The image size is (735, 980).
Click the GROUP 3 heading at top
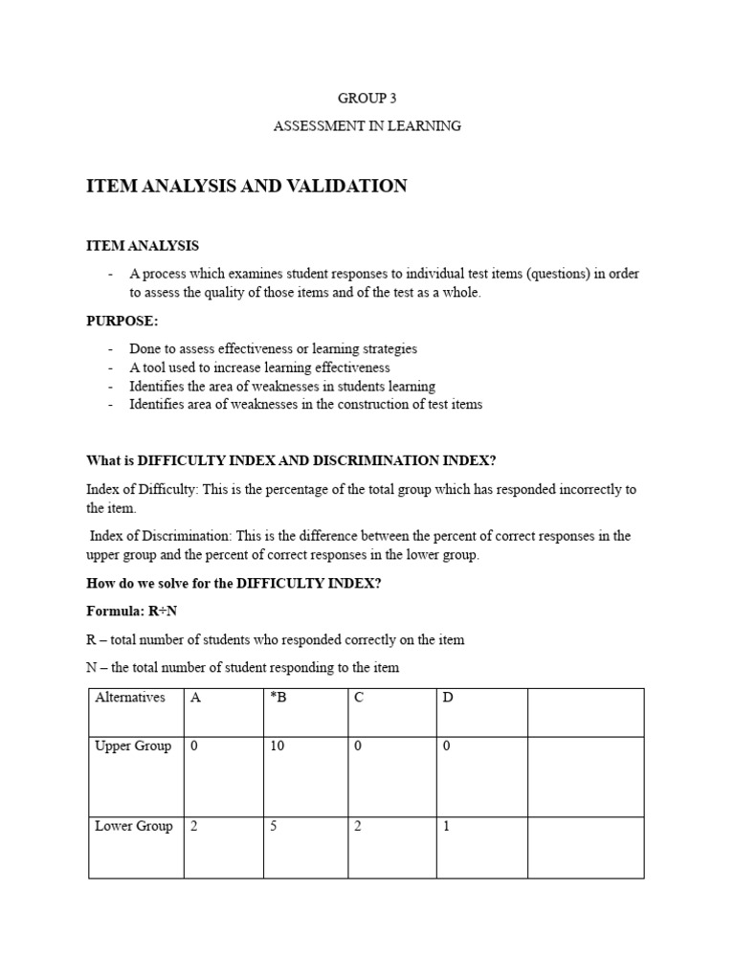tap(367, 98)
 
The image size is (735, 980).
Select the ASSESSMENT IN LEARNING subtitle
tap(367, 125)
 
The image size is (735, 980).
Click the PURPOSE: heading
tap(122, 321)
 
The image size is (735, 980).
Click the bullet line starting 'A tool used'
tap(259, 367)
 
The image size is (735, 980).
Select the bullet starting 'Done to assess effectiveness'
tap(273, 349)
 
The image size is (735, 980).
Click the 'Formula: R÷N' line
tap(132, 611)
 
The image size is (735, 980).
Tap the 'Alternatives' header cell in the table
tap(130, 698)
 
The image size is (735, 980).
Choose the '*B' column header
tap(278, 698)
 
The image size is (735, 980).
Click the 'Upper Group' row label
tap(133, 746)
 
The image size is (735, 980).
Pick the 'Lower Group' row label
tap(133, 826)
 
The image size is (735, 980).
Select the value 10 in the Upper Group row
tap(278, 746)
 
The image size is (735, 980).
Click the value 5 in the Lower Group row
tap(274, 826)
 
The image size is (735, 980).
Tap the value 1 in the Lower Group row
tap(446, 826)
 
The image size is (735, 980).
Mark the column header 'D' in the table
tap(447, 698)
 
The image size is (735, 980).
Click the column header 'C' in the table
tap(359, 698)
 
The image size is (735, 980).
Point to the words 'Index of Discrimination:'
tap(164, 536)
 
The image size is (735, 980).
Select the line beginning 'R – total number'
tap(275, 639)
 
